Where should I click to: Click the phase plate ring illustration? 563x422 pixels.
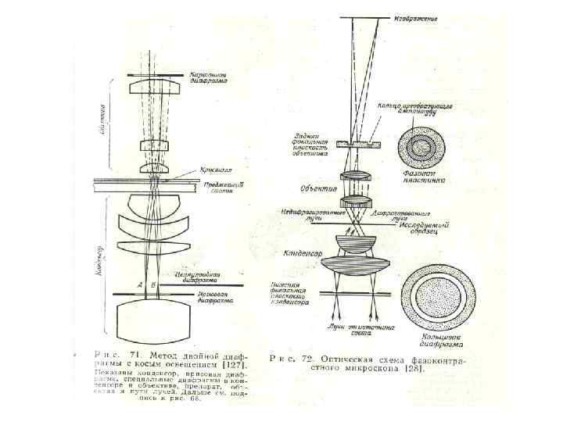[x=424, y=145]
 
